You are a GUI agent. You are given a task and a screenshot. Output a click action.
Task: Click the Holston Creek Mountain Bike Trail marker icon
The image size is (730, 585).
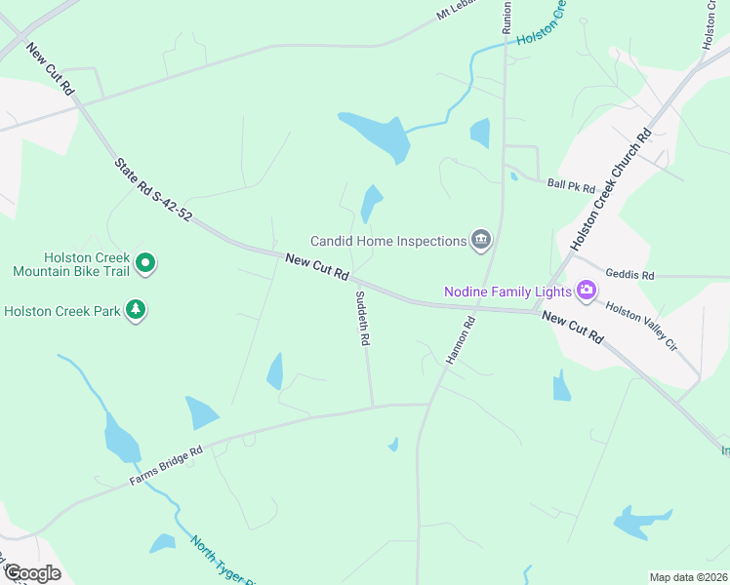tap(145, 262)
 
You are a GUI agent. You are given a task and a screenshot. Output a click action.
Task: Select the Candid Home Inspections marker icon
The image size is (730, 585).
tap(480, 240)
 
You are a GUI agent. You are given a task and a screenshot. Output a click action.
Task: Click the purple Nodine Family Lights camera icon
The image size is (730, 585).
tap(586, 291)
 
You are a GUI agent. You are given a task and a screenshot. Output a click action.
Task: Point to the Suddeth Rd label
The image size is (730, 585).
tap(362, 319)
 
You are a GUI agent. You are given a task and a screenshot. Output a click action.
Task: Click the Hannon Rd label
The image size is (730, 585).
tap(460, 341)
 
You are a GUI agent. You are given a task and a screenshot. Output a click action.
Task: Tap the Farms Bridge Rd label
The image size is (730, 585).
tap(166, 466)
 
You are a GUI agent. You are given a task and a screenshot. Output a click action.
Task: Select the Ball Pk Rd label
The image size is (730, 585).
tap(571, 184)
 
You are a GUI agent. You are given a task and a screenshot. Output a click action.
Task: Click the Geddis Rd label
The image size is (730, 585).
tap(629, 275)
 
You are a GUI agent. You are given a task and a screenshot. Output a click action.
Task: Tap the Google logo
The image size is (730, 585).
tap(31, 573)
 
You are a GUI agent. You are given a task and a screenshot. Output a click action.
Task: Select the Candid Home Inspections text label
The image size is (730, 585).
tap(387, 241)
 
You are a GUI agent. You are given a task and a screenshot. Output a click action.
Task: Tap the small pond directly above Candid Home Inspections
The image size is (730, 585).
tap(371, 202)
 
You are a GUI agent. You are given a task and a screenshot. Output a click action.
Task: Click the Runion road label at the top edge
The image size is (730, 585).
tap(507, 17)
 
